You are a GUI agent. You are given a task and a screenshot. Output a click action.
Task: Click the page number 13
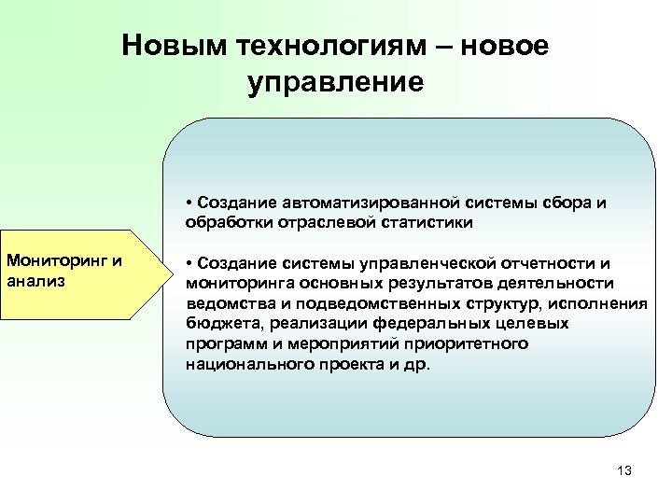coord(624,470)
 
